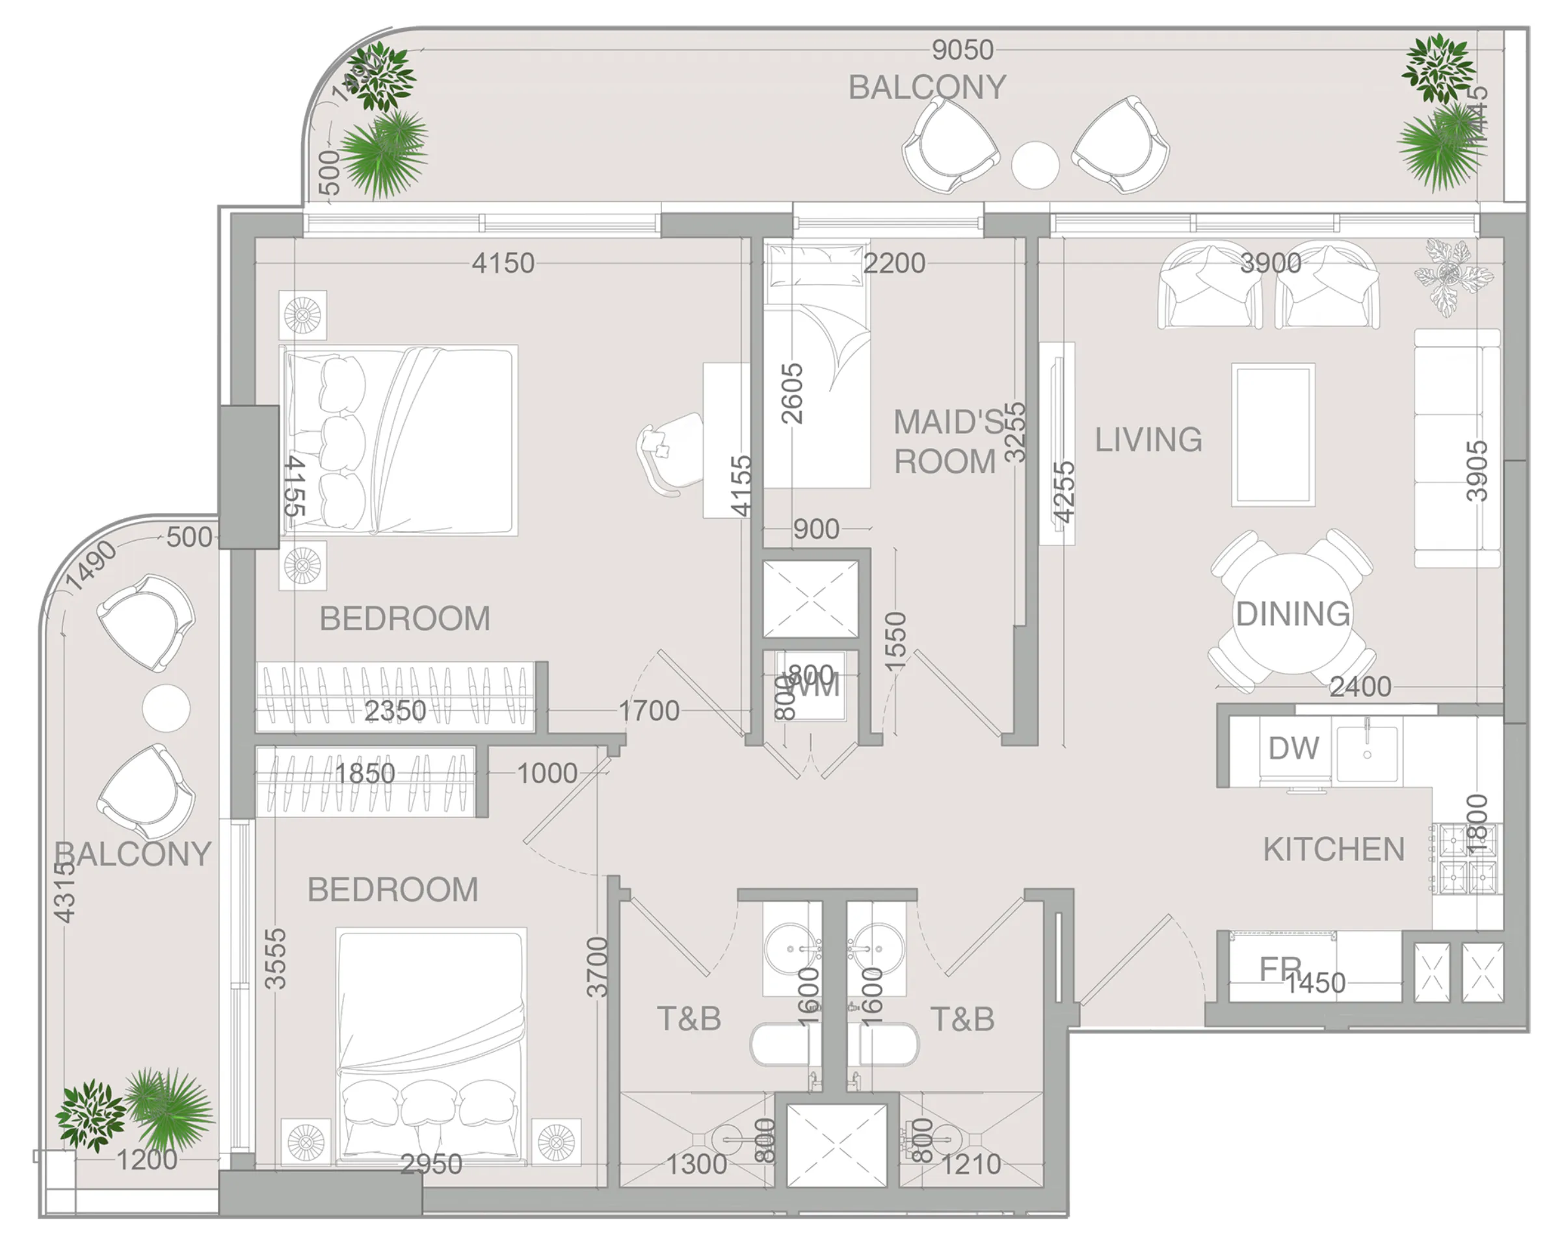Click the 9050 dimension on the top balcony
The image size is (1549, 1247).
point(962,50)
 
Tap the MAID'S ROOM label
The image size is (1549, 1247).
point(947,441)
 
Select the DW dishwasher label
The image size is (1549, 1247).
point(1293,748)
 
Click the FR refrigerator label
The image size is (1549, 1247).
point(1280,970)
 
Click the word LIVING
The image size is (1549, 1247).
point(1148,440)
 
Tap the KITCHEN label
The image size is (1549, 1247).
point(1334,850)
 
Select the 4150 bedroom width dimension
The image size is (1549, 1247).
point(503,263)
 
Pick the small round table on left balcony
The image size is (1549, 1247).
point(166,708)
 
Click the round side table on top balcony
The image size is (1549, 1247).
point(1035,165)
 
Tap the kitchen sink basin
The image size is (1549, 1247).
point(1366,752)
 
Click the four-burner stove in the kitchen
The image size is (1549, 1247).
point(1466,858)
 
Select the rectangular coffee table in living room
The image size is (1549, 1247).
point(1273,434)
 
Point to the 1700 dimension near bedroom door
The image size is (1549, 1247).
point(649,711)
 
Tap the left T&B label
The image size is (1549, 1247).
point(688,1019)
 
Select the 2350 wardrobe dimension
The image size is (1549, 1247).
point(395,711)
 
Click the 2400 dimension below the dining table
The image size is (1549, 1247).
point(1360,687)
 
